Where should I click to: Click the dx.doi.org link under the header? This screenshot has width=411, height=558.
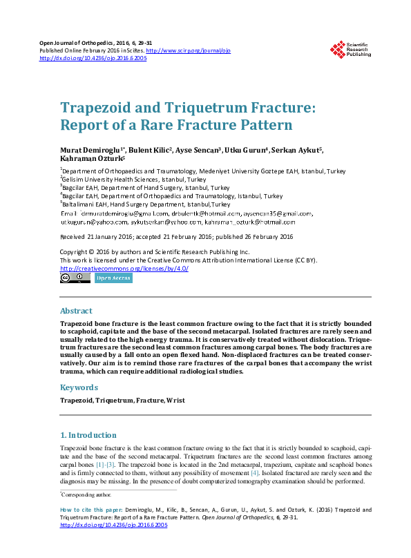coord(93,58)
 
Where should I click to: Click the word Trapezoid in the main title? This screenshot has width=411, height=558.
coord(95,108)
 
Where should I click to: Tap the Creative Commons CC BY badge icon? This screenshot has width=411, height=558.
coord(75,278)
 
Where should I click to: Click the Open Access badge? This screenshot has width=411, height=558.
coord(113,278)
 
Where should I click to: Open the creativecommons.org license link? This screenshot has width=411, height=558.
coord(124,269)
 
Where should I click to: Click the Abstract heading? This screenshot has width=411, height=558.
coord(76,311)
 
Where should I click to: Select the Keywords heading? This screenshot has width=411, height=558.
coord(79,387)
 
